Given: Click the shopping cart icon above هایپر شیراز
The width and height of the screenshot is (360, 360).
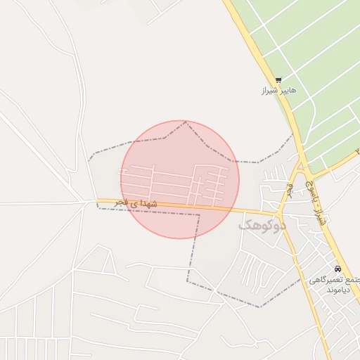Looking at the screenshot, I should [x=278, y=80].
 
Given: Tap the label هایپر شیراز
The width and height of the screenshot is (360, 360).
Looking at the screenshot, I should [x=278, y=91].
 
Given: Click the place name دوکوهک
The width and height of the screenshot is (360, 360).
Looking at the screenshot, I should [x=264, y=226].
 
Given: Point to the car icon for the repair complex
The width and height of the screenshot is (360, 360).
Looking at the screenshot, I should [x=338, y=269].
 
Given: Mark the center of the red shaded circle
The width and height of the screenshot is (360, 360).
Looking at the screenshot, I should [x=180, y=179].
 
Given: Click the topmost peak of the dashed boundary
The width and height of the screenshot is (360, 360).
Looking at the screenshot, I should [x=186, y=122].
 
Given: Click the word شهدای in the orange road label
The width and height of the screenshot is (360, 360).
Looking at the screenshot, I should [x=155, y=205].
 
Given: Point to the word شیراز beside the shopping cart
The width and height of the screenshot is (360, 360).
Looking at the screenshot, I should [x=269, y=91].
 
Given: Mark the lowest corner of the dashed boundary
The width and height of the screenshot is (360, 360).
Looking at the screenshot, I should [x=260, y=307].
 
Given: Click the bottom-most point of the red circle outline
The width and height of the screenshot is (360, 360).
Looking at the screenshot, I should [x=180, y=238].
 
